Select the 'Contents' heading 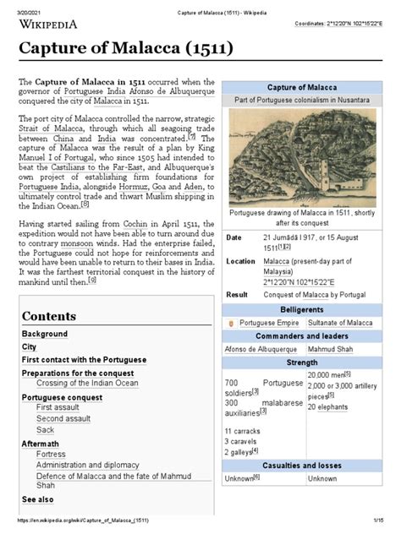49,315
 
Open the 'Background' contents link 44,335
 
